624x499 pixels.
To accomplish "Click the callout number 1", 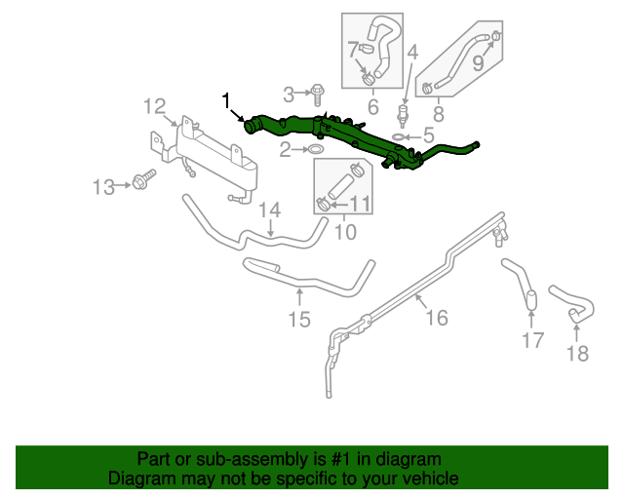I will click(226, 100).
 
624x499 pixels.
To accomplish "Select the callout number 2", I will click(286, 150).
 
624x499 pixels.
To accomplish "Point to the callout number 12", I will click(156, 106).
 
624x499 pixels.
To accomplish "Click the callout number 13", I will click(103, 185).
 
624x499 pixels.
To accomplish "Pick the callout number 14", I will click(269, 210).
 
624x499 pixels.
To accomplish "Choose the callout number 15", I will click(298, 318).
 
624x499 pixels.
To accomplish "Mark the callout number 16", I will click(436, 317).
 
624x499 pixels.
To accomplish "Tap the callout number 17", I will click(532, 340).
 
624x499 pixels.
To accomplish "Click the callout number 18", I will click(578, 353).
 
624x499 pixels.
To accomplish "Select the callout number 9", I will click(479, 63).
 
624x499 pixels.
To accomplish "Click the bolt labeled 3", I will click(318, 94).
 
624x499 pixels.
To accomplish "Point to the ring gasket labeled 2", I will click(317, 150).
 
